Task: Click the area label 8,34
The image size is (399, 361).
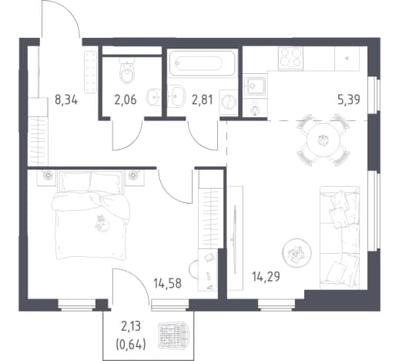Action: [66, 100]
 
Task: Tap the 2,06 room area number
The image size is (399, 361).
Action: [126, 100]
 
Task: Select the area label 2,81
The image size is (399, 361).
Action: [203, 100]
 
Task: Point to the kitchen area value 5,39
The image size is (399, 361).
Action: [349, 100]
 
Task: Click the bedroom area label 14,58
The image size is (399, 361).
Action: [167, 283]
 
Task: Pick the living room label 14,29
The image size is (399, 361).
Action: [266, 277]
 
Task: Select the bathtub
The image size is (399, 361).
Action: [203, 63]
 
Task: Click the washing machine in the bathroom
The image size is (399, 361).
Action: [228, 102]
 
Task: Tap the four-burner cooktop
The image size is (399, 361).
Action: [290, 59]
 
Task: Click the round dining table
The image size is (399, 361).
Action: [324, 140]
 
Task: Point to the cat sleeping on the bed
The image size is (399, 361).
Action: [102, 223]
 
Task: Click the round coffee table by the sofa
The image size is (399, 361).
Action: [297, 253]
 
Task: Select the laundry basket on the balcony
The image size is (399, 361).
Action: [173, 334]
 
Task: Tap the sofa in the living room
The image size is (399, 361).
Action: [340, 238]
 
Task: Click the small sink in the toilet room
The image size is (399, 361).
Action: [153, 96]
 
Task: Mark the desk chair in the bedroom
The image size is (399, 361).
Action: [193, 270]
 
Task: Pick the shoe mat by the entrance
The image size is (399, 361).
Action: [90, 72]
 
